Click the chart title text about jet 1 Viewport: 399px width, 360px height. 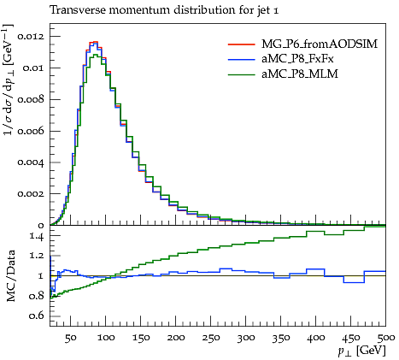(164, 10)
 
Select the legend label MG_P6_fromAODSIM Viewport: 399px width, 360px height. (320, 44)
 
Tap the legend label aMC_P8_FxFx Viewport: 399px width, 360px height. (297, 59)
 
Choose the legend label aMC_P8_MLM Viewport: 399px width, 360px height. (300, 74)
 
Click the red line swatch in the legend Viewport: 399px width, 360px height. (241, 44)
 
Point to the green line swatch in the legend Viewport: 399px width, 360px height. (241, 74)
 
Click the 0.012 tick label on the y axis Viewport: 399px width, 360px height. (31, 37)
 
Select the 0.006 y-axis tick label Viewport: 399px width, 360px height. (31, 131)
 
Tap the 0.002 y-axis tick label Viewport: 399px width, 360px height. (31, 194)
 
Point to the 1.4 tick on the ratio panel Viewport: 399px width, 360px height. (37, 236)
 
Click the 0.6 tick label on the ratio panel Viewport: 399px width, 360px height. (37, 316)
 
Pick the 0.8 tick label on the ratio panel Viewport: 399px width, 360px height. (37, 296)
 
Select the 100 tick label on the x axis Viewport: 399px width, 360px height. (106, 338)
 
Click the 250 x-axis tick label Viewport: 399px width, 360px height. (211, 338)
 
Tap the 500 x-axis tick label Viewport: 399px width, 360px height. (386, 338)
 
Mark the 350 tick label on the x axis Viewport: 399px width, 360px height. (281, 338)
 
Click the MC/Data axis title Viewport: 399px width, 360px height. (10, 275)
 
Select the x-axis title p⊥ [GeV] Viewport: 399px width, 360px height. (361, 351)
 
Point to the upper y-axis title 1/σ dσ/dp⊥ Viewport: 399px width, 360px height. (8, 80)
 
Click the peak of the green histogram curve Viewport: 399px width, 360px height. (95, 55)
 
